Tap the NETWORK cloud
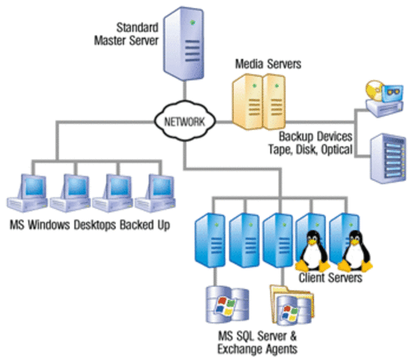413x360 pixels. [x=182, y=120]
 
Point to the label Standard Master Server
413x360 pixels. [x=134, y=33]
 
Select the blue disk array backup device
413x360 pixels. [x=388, y=157]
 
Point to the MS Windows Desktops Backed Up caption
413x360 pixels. [x=88, y=225]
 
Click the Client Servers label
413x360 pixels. [x=331, y=278]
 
